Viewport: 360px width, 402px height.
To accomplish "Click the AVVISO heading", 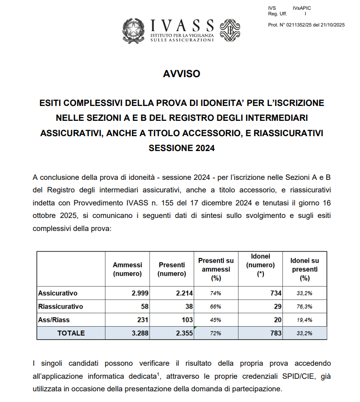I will point(182,74).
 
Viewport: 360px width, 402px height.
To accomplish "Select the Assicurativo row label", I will point(58,293).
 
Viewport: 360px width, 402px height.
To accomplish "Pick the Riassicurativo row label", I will point(60,306).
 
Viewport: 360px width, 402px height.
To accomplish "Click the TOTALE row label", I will point(71,333).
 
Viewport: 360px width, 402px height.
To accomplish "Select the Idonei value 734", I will point(276,293).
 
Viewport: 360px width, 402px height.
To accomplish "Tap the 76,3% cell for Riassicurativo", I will point(304,307).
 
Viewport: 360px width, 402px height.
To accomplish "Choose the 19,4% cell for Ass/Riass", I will point(304,320).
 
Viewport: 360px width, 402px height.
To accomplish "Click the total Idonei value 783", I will point(276,333).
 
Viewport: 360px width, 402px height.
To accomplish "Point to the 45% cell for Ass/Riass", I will point(216,320).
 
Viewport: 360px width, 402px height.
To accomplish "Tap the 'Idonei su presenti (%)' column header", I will point(304,270).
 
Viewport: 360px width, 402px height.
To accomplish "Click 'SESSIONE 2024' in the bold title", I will point(182,149).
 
